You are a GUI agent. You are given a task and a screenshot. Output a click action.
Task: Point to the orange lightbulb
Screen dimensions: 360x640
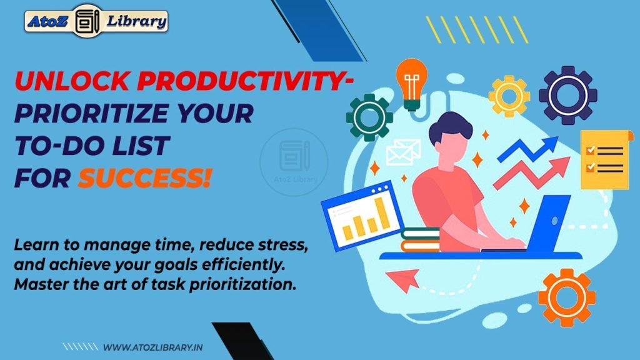tap(411, 84)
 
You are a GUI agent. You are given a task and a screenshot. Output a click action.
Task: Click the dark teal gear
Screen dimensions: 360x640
tap(369, 117)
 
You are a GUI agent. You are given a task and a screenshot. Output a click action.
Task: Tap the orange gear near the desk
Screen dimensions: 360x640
tap(567, 297)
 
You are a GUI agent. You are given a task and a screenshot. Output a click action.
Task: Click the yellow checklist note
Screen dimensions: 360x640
tap(603, 159)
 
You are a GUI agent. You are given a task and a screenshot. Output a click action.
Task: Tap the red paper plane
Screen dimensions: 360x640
tap(402, 279)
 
